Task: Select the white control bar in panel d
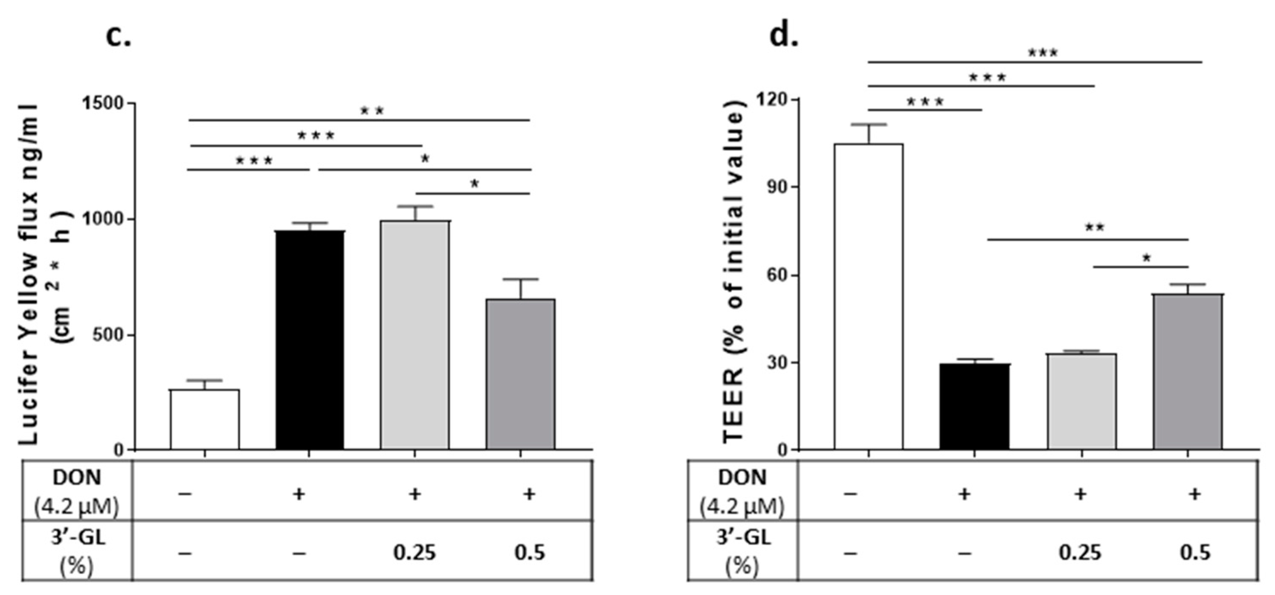(868, 297)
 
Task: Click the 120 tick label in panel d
(771, 99)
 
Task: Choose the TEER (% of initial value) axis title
(735, 270)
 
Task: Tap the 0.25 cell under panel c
(414, 552)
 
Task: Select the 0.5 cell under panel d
(1195, 552)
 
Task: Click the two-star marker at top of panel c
(372, 111)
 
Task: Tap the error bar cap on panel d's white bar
(868, 124)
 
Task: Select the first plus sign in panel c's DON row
(298, 493)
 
